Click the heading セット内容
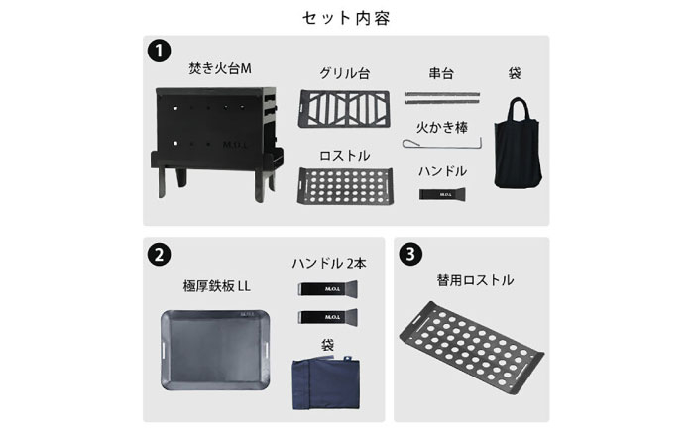(x=346, y=18)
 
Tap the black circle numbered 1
(x=159, y=51)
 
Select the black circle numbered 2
(x=159, y=255)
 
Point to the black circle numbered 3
(x=410, y=254)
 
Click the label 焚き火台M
(x=219, y=68)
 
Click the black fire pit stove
(x=216, y=143)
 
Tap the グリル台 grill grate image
(x=344, y=108)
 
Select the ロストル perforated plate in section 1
(x=345, y=185)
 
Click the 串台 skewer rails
(x=442, y=98)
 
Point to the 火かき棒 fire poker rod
(x=442, y=144)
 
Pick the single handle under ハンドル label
(x=442, y=194)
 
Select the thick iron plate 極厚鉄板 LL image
(x=215, y=350)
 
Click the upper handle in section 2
(x=327, y=289)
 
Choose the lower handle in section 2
(x=327, y=317)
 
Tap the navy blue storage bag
(x=326, y=383)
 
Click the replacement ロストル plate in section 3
(x=472, y=348)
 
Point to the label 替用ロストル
(x=475, y=280)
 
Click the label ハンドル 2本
(x=329, y=264)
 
